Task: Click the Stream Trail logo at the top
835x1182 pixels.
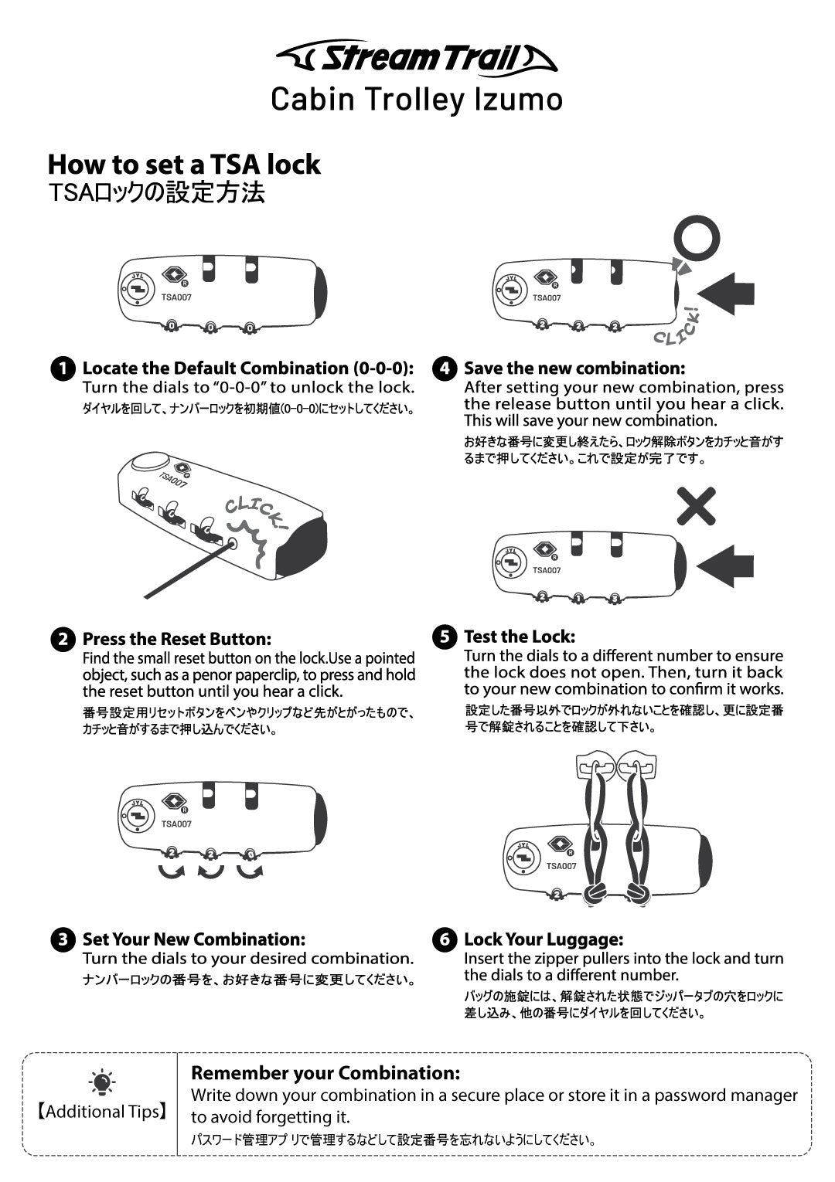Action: pyautogui.click(x=417, y=57)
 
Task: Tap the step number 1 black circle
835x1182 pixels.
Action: pyautogui.click(x=63, y=369)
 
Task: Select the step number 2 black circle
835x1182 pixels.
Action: pyautogui.click(x=63, y=640)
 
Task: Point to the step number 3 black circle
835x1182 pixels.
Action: pyautogui.click(x=63, y=939)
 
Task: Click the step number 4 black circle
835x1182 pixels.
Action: pyautogui.click(x=445, y=369)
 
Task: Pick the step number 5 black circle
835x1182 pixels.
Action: pyautogui.click(x=445, y=637)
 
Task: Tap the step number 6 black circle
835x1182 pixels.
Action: pyautogui.click(x=445, y=939)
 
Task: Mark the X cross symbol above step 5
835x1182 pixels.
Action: pyautogui.click(x=697, y=506)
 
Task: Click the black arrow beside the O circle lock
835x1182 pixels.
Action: pyautogui.click(x=726, y=294)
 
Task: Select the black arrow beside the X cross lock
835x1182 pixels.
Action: pyautogui.click(x=725, y=566)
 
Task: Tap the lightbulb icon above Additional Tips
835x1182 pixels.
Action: pyautogui.click(x=102, y=1083)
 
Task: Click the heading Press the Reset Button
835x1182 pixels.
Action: pyautogui.click(x=177, y=640)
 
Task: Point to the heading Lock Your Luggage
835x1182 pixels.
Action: pyautogui.click(x=544, y=939)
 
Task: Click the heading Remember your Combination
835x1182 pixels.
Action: pyautogui.click(x=325, y=1073)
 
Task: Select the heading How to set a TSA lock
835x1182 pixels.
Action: pyautogui.click(x=184, y=165)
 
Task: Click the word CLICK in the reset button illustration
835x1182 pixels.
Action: pyautogui.click(x=257, y=512)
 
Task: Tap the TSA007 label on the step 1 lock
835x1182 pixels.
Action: pyautogui.click(x=176, y=297)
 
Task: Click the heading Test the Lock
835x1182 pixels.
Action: pyautogui.click(x=520, y=637)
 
